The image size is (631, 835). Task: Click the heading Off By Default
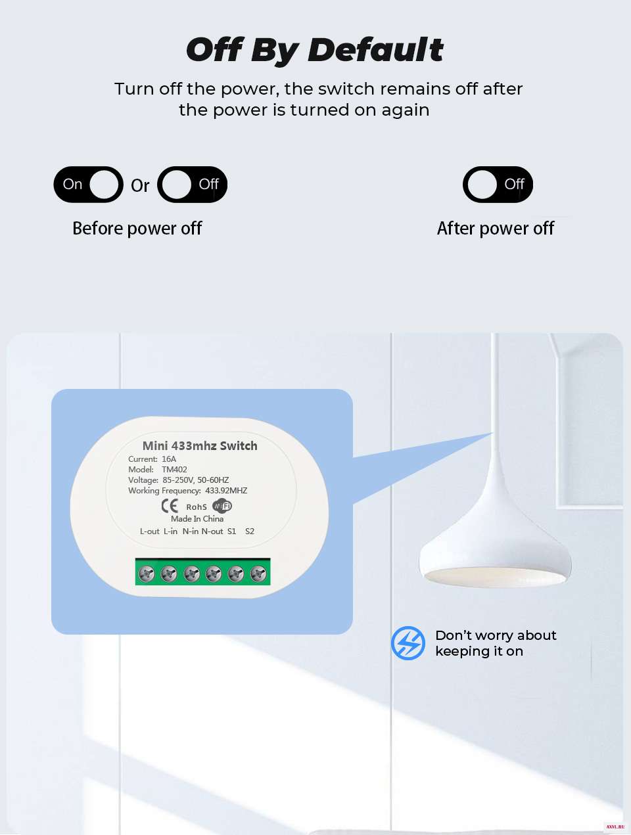(x=315, y=50)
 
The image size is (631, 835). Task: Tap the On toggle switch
(x=88, y=185)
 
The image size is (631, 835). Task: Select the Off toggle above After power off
(x=498, y=185)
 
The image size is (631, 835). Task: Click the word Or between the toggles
(x=140, y=186)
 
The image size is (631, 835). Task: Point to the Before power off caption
(x=137, y=229)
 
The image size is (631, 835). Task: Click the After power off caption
(x=496, y=229)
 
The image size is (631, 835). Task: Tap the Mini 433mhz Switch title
(x=200, y=445)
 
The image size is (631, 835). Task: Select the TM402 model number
(x=174, y=470)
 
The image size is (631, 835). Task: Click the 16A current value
(x=169, y=459)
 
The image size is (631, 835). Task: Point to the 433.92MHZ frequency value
(x=226, y=491)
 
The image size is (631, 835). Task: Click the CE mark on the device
(x=170, y=506)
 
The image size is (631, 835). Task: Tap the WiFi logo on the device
(x=222, y=506)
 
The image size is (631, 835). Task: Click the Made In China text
(x=197, y=518)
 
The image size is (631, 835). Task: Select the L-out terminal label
(x=150, y=531)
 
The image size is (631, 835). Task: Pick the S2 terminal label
(x=250, y=531)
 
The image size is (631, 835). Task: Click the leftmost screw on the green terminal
(x=147, y=574)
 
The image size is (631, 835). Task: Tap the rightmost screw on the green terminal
(x=258, y=574)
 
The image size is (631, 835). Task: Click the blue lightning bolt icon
(x=408, y=643)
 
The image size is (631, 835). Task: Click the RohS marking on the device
(x=197, y=507)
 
